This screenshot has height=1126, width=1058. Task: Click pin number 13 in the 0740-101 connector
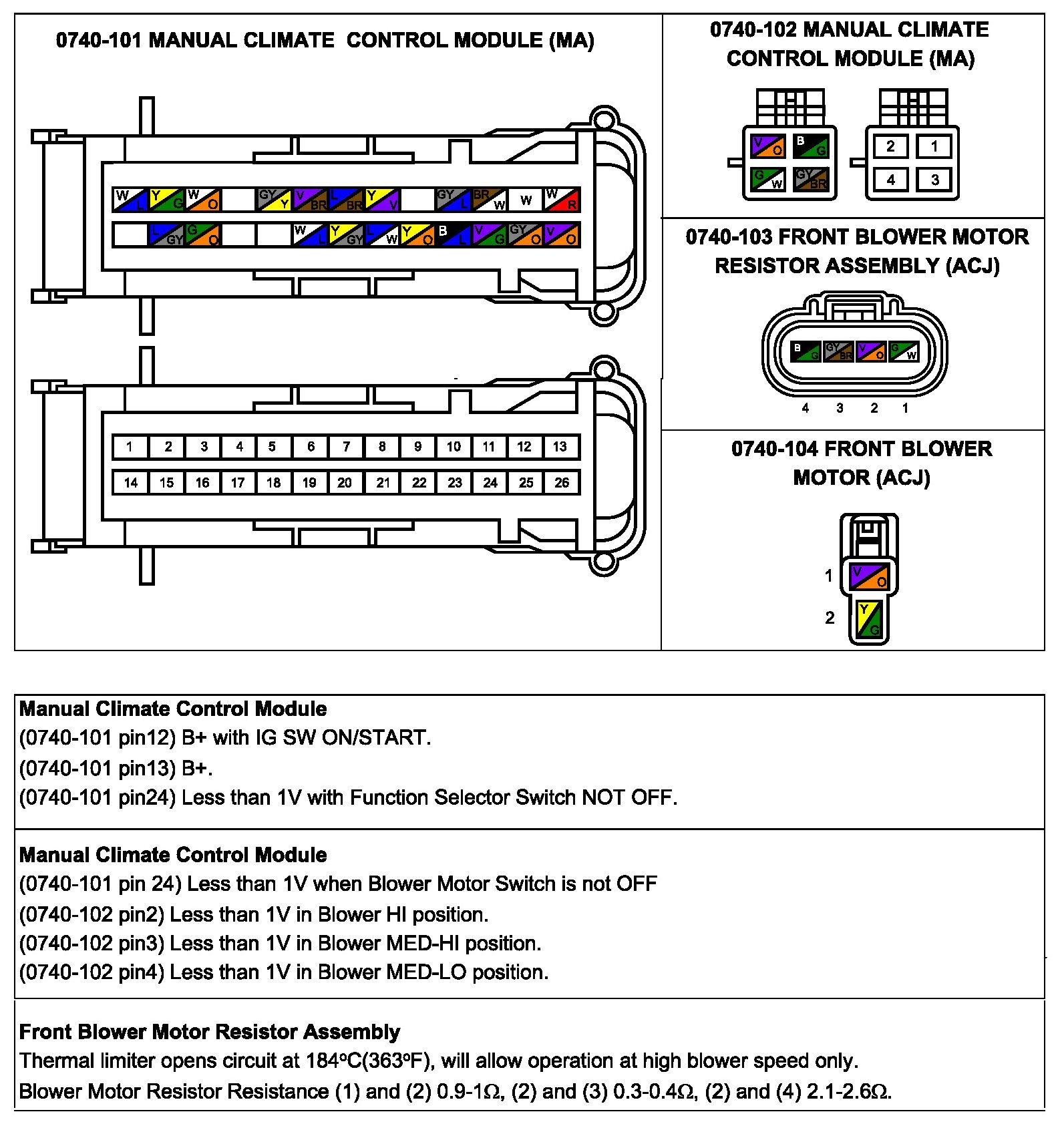[x=560, y=446]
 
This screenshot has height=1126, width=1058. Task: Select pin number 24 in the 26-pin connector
[x=490, y=482]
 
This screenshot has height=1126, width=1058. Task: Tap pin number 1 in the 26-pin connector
[x=130, y=446]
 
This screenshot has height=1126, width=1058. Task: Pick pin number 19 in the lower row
[x=309, y=482]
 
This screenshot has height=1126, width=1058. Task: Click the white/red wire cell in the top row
[x=562, y=199]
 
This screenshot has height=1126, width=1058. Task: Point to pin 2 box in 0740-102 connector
[x=890, y=146]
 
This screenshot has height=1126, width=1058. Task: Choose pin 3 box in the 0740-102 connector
[x=934, y=179]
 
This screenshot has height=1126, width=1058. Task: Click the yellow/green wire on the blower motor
[x=869, y=619]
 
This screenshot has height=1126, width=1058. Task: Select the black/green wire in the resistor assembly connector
[x=806, y=351]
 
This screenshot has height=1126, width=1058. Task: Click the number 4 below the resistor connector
[x=806, y=408]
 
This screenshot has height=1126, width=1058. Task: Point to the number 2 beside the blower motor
[x=830, y=618]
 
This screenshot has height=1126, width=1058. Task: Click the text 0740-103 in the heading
[x=729, y=237]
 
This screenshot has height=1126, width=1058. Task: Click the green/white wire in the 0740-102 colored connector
[x=768, y=179]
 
